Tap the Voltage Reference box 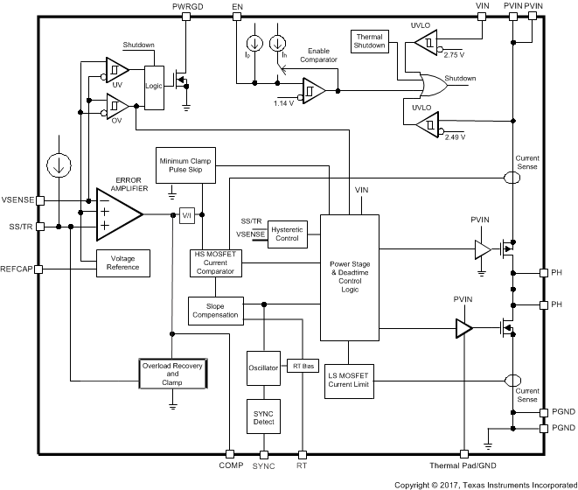pyautogui.click(x=123, y=261)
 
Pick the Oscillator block pyautogui.click(x=263, y=367)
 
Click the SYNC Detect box pyautogui.click(x=263, y=418)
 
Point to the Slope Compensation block pyautogui.click(x=215, y=309)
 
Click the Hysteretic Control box pyautogui.click(x=288, y=232)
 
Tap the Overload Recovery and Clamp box pyautogui.click(x=173, y=374)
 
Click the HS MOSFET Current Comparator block pyautogui.click(x=215, y=262)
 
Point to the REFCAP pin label pyautogui.click(x=17, y=269)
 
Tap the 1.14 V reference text pyautogui.click(x=284, y=104)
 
